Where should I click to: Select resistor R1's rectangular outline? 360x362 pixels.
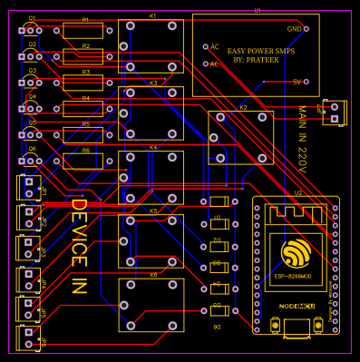point(83,31)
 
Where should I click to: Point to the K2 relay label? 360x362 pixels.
point(243,107)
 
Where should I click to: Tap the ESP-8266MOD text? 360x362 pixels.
point(294,276)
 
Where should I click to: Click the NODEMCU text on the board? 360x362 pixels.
point(297,307)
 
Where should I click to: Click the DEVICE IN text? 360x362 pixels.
point(78,246)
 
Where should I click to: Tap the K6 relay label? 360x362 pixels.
point(153,274)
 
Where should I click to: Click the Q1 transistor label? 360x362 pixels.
point(32,18)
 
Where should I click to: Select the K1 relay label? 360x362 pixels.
point(152,15)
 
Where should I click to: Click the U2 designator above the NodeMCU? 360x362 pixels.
point(298,192)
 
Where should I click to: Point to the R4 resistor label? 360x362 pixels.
point(86,98)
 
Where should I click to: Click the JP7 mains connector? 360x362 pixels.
point(334,113)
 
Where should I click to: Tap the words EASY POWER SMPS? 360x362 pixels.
point(260,52)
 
